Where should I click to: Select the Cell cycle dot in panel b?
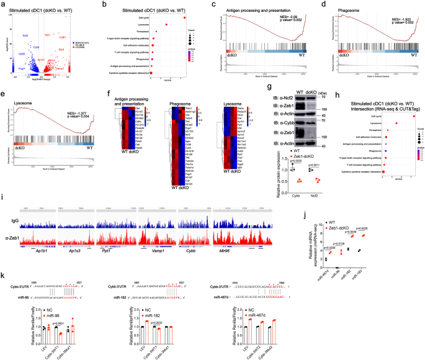[185, 17]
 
